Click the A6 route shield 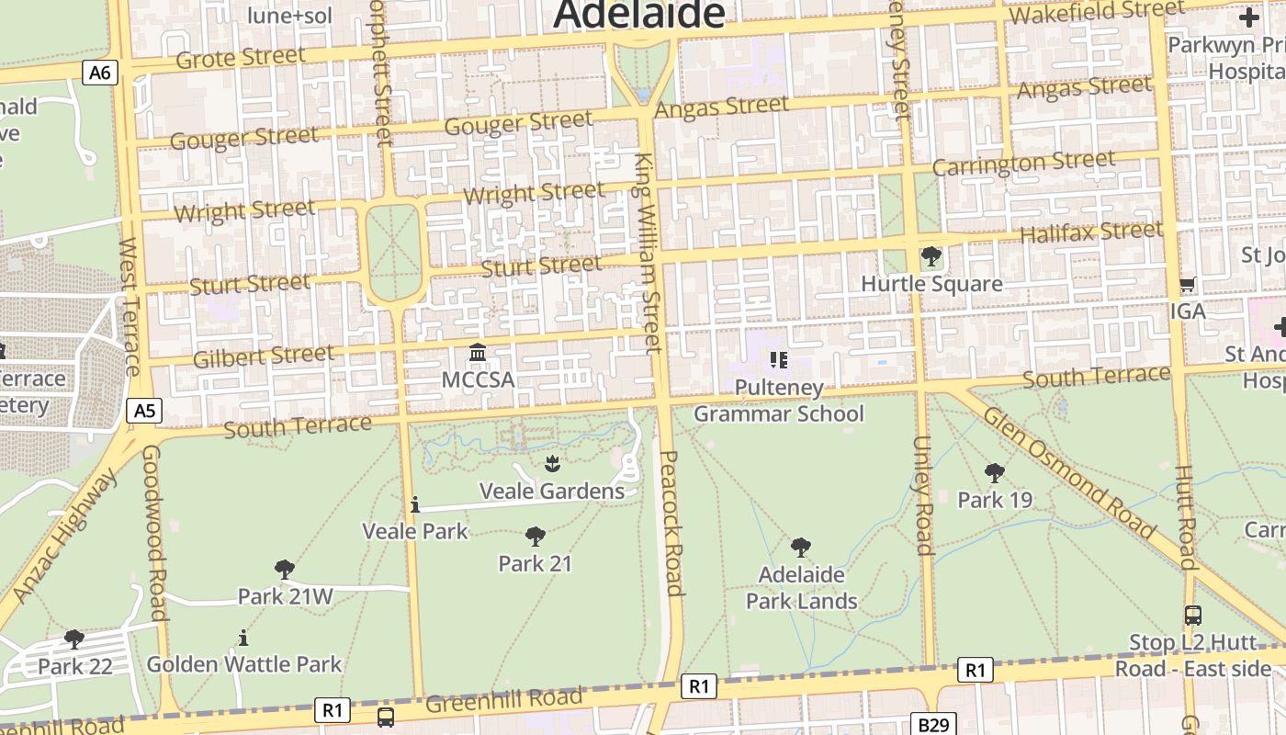[100, 73]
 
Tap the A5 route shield [144, 411]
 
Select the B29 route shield [933, 724]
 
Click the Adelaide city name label [639, 15]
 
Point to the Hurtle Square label [931, 283]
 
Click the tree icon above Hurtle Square [931, 256]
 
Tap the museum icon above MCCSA [478, 353]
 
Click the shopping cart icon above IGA [1187, 285]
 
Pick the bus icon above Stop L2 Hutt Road [1192, 616]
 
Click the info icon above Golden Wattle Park [243, 637]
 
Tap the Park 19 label [995, 500]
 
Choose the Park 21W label [285, 596]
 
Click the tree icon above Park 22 [74, 639]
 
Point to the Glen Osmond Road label [1067, 472]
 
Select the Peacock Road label [671, 523]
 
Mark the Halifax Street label [1091, 232]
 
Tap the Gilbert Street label [263, 356]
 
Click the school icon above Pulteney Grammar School [779, 360]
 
